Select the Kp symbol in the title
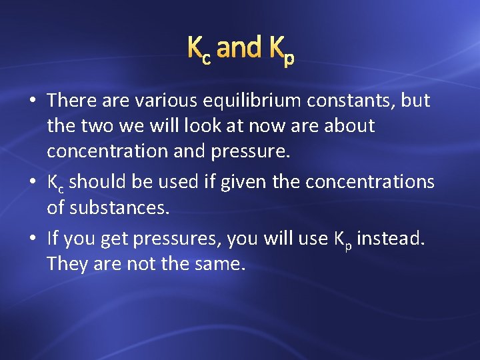(x=281, y=51)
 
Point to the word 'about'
(x=349, y=126)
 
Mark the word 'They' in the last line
(x=65, y=264)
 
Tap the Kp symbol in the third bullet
(x=341, y=239)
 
